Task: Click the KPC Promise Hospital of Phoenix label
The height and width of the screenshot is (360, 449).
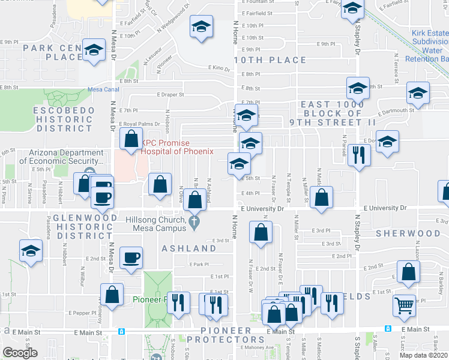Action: click(x=177, y=147)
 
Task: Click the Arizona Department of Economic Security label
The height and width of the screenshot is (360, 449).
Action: click(x=65, y=157)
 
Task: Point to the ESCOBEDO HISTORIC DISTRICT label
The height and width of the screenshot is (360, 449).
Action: click(x=64, y=119)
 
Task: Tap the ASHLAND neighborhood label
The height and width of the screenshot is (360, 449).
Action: click(x=188, y=248)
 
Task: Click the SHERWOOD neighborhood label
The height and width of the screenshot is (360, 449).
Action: click(x=408, y=233)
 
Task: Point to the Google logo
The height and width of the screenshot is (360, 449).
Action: click(x=20, y=353)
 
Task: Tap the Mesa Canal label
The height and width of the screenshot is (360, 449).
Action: click(x=103, y=89)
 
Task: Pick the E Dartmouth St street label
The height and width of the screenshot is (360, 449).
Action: click(x=396, y=110)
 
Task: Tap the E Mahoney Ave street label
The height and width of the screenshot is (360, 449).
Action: click(x=256, y=347)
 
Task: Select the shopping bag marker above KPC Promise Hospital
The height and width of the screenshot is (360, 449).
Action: click(x=131, y=140)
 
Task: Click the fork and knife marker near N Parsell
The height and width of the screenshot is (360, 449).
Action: click(x=359, y=156)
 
